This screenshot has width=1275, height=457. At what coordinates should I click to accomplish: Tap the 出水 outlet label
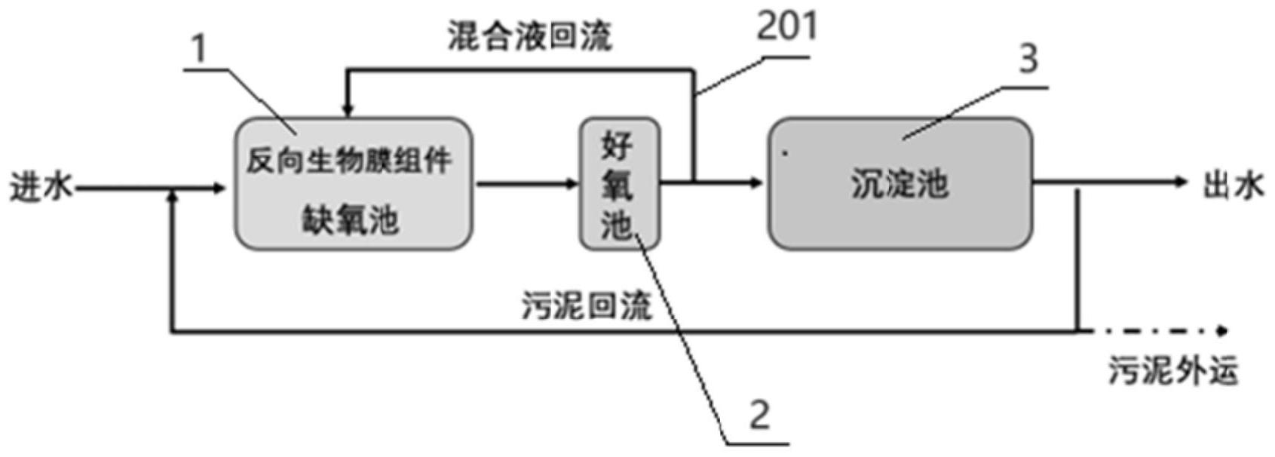[x=1232, y=185]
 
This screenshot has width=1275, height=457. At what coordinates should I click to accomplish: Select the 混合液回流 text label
[x=529, y=36]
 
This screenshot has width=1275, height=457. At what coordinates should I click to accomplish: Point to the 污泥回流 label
[x=587, y=306]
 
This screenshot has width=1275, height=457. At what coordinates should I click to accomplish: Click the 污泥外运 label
[x=1173, y=371]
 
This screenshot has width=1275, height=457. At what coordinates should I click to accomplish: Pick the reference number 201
[x=786, y=26]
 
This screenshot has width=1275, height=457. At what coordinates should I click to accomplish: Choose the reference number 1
[x=199, y=50]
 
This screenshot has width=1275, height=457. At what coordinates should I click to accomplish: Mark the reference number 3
[x=1028, y=58]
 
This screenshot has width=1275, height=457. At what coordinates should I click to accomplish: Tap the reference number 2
[x=759, y=414]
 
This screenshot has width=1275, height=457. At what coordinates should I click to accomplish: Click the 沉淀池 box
[x=900, y=184]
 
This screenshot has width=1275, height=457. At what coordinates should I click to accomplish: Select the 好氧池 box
[x=619, y=184]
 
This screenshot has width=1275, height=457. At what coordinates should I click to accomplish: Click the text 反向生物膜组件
[x=349, y=161]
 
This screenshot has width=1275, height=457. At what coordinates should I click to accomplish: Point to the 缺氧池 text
[x=351, y=220]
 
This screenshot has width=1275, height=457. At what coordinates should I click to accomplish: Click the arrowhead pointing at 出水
[x=1181, y=182]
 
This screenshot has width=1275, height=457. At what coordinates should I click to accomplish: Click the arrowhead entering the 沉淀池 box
[x=755, y=182]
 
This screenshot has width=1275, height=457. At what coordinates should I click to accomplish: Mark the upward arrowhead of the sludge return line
[x=173, y=195]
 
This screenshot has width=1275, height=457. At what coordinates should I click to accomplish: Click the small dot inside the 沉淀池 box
[x=785, y=153]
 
